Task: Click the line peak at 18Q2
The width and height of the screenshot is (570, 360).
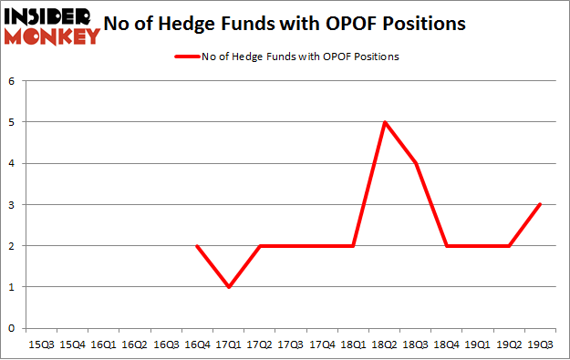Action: [385, 122]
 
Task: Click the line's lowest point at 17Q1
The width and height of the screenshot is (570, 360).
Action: [229, 287]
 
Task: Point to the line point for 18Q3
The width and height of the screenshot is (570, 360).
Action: [416, 163]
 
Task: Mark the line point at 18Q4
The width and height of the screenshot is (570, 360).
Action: [447, 246]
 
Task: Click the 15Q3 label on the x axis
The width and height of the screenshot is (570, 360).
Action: [42, 345]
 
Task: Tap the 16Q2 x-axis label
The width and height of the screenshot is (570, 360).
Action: [135, 345]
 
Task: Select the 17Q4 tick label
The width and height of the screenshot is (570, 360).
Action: [322, 345]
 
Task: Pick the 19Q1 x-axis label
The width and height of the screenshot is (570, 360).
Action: [478, 345]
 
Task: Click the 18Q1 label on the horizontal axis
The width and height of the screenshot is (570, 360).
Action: [354, 345]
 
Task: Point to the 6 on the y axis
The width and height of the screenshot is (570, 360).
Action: [13, 81]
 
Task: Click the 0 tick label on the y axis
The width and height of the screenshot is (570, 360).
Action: [13, 328]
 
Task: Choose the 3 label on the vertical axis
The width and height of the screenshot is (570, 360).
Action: [13, 205]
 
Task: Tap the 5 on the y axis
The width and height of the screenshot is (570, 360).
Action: [13, 122]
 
